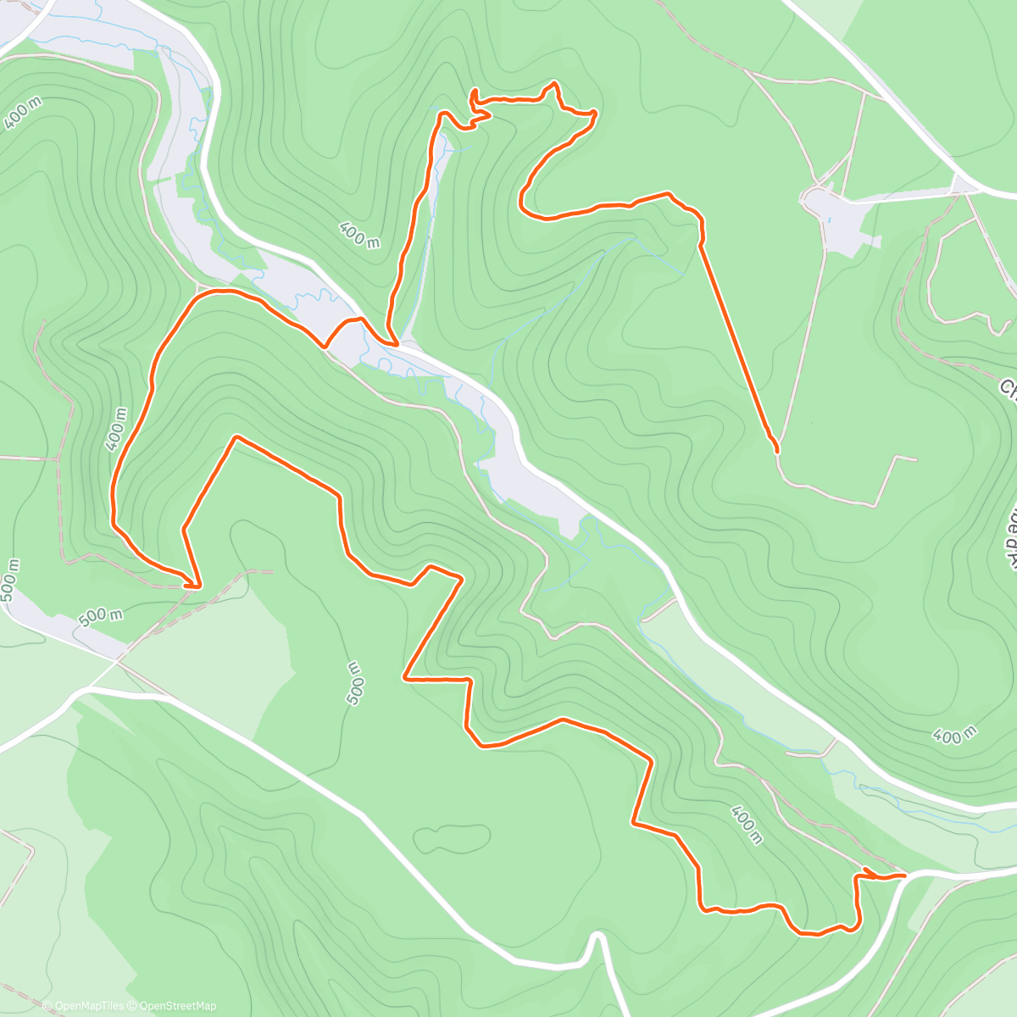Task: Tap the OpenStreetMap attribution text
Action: point(178,1006)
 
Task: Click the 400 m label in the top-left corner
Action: point(22,112)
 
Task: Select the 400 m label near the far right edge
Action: point(954,735)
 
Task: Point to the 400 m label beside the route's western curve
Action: point(116,429)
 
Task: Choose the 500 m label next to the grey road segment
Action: point(100,615)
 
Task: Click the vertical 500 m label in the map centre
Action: point(356,683)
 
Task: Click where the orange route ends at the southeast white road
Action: point(903,874)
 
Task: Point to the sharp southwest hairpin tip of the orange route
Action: point(198,585)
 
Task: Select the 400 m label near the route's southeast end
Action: point(746,825)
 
